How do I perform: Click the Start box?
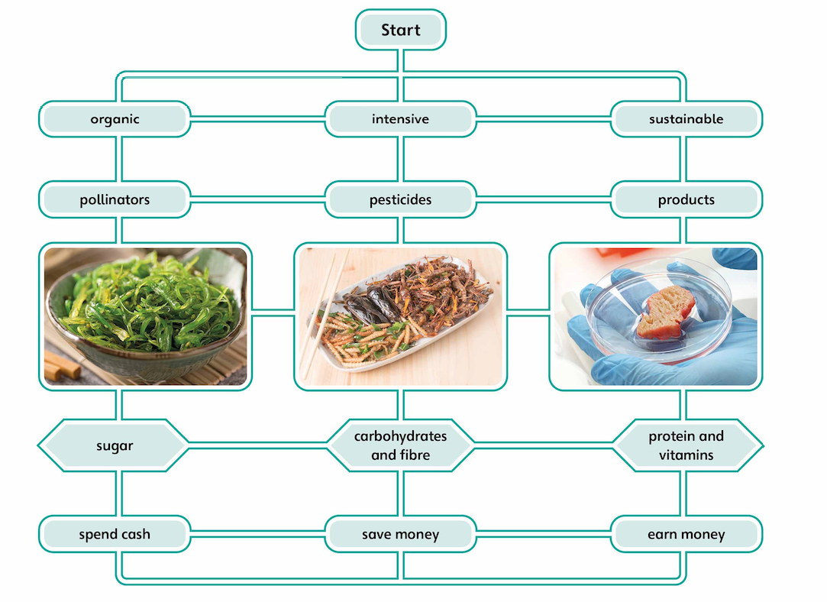400,31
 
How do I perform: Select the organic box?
115,119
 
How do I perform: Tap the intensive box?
400,119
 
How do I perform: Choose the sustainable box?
686,119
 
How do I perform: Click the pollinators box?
115,200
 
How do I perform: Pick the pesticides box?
400,200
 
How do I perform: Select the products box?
686,200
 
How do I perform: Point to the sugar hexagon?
115,445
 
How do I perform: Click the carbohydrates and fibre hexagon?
400,445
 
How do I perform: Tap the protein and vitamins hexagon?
686,445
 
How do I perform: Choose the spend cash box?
115,534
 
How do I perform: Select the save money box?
400,534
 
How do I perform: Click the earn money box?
686,534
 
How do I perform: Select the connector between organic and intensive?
257,119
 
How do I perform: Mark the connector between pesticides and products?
543,200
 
